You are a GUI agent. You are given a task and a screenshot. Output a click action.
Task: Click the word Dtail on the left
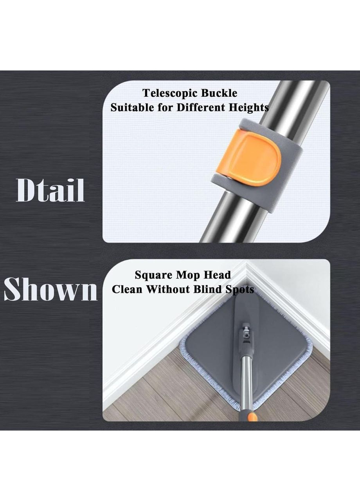pyautogui.click(x=50, y=190)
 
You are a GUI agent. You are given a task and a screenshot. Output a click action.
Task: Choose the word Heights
pyautogui.click(x=248, y=108)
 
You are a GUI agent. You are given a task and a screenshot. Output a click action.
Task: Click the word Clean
pyautogui.click(x=127, y=289)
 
